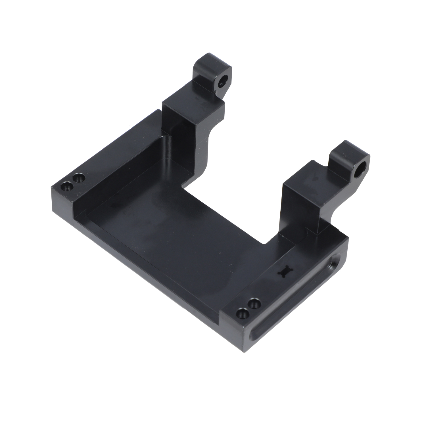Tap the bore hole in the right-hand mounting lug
[x=359, y=170]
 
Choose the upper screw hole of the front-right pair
[x=254, y=304]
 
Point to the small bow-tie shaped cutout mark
[x=284, y=272]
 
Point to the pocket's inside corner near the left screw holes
[x=87, y=212]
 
